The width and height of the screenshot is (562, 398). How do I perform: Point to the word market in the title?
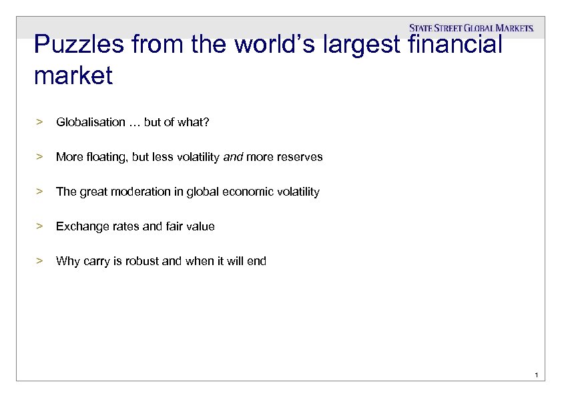73,76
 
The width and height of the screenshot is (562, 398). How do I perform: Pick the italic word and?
233,157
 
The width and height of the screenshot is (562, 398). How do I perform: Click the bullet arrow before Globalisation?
39,122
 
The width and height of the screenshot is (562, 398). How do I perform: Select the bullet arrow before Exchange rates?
39,226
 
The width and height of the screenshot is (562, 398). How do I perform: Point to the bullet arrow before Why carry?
39,261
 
